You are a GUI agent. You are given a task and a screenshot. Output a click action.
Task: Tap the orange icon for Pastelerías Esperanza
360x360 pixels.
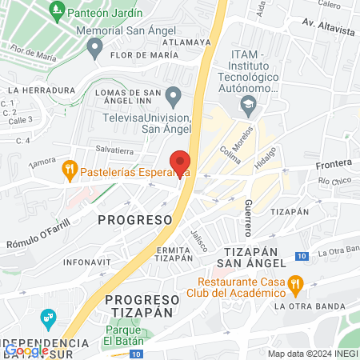70,170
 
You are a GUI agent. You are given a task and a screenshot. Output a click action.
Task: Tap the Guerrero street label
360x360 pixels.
249,217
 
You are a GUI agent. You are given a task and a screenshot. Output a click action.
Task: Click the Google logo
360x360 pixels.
27,350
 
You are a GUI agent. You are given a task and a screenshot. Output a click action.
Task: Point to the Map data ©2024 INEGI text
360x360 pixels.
311,354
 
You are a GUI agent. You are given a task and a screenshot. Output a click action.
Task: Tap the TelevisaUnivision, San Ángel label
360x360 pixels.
147,122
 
